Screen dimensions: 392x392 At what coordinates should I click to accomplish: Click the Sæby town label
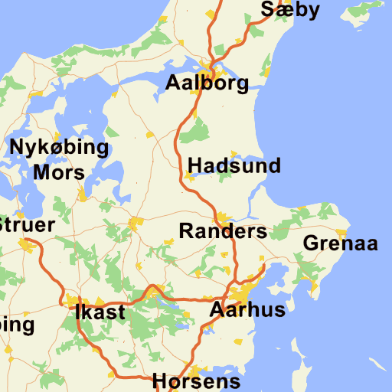click(x=289, y=9)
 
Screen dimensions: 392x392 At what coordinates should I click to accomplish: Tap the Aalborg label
click(x=207, y=83)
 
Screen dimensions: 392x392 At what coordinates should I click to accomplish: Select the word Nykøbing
click(x=59, y=147)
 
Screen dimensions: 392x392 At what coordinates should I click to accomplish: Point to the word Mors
click(x=59, y=172)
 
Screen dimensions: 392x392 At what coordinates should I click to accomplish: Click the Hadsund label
click(x=234, y=165)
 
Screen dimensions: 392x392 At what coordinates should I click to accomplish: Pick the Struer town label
click(x=27, y=225)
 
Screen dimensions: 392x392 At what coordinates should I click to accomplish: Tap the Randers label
click(x=223, y=231)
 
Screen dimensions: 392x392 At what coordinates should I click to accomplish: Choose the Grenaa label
click(x=341, y=244)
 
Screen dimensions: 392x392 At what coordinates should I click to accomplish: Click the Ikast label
click(x=100, y=312)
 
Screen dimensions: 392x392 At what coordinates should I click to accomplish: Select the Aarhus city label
click(x=247, y=310)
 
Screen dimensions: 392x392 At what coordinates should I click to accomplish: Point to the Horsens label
click(x=196, y=381)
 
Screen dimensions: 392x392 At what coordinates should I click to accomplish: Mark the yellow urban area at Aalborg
click(x=205, y=67)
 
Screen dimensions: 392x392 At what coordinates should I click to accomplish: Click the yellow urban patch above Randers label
click(x=223, y=217)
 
